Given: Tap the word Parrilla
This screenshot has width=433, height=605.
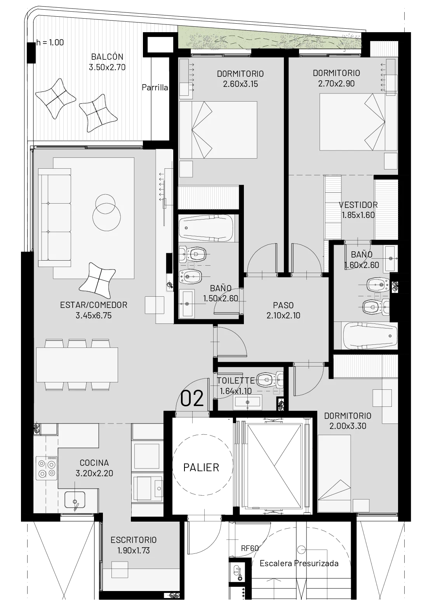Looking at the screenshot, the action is (x=155, y=87).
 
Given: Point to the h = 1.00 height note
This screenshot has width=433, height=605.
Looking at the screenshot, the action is (x=50, y=42).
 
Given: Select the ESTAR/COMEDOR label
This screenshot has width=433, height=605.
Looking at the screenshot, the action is (x=94, y=305).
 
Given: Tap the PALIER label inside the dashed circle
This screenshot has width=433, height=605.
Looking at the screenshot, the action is (x=201, y=468).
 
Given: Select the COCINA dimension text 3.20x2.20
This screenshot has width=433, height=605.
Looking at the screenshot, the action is (x=94, y=473).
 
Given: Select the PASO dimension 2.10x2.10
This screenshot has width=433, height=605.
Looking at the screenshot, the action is (x=283, y=315).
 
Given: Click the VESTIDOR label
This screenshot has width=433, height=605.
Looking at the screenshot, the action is (x=358, y=205).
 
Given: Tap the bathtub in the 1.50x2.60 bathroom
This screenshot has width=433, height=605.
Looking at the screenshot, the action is (x=206, y=228).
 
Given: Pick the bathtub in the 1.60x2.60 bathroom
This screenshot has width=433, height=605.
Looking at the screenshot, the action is (x=370, y=337).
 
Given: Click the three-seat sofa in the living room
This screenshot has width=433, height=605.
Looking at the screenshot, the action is (x=55, y=218).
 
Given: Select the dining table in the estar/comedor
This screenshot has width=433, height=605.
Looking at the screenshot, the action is (x=77, y=365).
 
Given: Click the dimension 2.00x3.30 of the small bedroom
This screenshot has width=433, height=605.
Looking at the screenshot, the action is (x=348, y=426).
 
